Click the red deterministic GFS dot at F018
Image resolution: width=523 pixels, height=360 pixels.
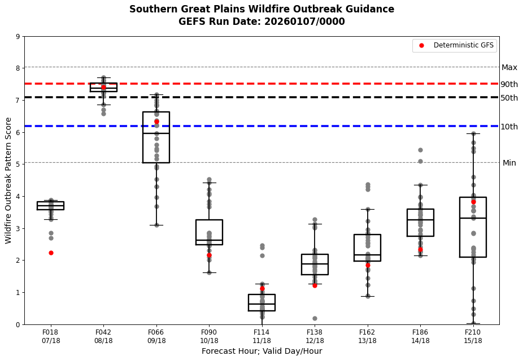pos(51,253)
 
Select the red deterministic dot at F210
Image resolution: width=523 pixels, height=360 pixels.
pos(473,202)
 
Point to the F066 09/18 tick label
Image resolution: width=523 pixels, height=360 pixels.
pos(156,336)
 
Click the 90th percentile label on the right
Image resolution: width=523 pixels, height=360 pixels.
pos(509,84)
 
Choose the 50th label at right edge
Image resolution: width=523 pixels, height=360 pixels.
pos(509,98)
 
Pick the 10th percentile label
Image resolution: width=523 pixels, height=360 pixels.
pos(509,127)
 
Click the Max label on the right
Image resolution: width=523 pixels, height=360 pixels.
pos(509,68)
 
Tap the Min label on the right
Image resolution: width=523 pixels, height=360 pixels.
pos(509,163)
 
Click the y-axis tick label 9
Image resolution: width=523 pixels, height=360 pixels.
pos(18,37)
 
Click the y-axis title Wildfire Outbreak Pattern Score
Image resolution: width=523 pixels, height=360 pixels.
pos(8,180)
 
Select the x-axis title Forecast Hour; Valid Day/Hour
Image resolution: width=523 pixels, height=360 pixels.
pos(261,351)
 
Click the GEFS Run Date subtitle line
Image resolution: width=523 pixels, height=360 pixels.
pos(261,21)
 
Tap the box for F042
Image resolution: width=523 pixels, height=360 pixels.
pos(103,87)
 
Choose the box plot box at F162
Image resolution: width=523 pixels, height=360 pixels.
pos(367,248)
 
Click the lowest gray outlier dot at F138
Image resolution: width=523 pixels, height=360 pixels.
pos(315,318)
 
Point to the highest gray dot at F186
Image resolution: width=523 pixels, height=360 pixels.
pos(420,150)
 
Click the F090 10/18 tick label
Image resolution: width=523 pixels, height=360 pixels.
pos(209,336)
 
